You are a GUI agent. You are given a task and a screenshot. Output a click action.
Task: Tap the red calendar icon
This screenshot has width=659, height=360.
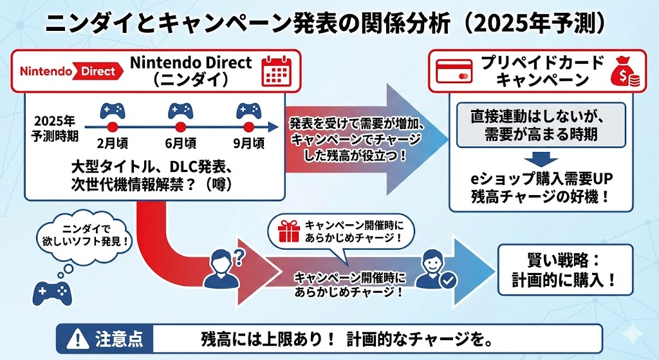coord(275,71)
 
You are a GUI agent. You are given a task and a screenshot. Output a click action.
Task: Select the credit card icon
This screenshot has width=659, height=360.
coord(455,71)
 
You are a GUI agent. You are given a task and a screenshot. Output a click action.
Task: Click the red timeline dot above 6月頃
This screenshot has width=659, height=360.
coord(180,126)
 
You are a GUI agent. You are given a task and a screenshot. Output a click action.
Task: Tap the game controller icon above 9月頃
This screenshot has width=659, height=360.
coord(248,111)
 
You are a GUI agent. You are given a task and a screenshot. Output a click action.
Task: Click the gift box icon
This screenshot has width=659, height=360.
coord(288,231)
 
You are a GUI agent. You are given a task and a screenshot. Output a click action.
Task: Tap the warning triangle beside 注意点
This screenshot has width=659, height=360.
coord(78,338)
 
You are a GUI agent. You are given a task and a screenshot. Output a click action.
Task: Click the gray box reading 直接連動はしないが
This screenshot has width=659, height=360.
coord(540,124)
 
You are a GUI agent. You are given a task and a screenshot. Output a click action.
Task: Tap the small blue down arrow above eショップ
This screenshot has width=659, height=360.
coord(540,159)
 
